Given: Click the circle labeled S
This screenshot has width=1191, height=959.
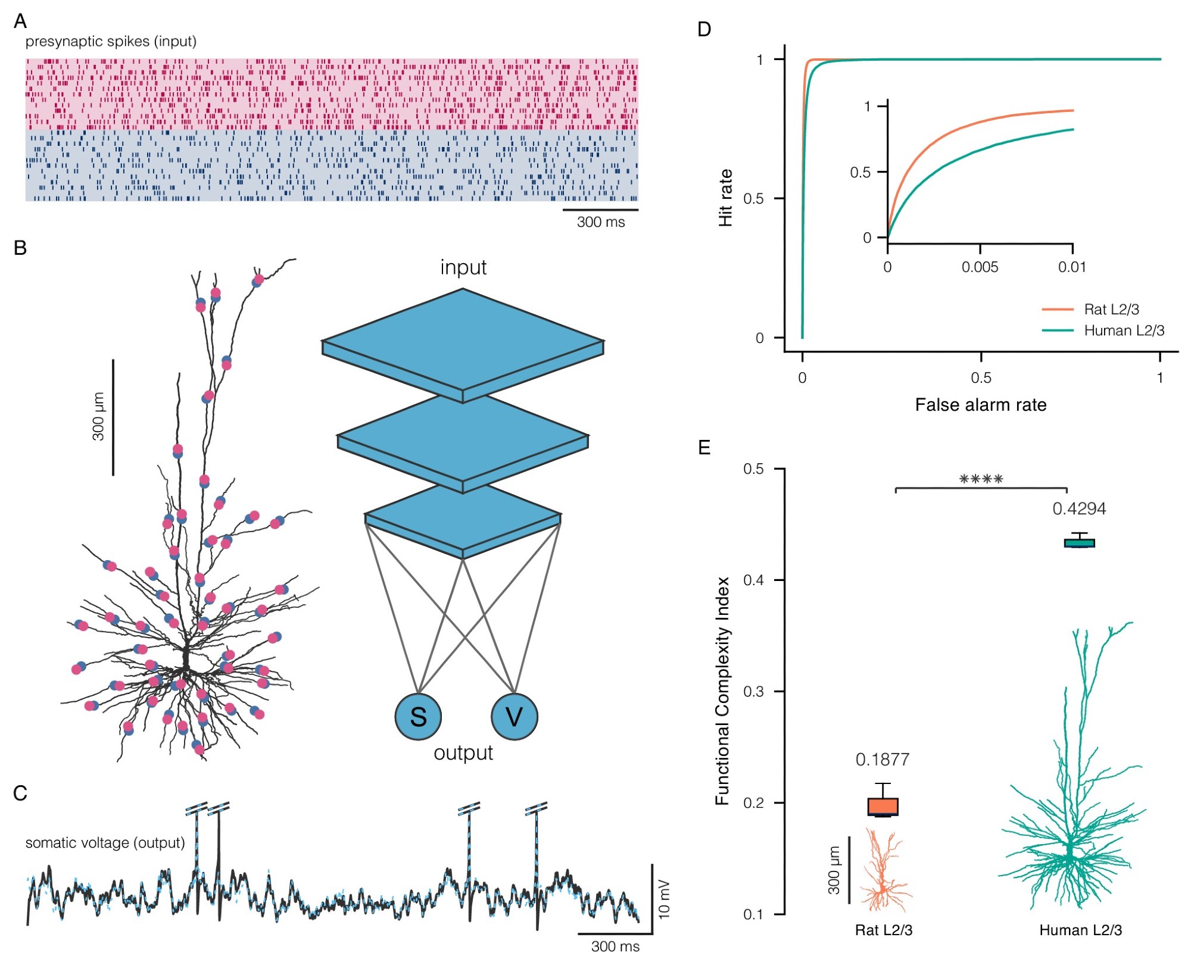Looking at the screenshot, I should coord(418,716).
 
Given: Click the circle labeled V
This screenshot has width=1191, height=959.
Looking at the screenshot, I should coord(514,716).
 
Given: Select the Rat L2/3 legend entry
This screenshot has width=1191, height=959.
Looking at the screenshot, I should coord(1111,310).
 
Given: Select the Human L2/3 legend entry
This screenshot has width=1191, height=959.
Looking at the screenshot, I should coord(1123,330).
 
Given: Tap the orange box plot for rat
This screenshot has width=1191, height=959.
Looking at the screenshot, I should coord(883,807).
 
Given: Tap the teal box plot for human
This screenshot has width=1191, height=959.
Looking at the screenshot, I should coord(1079,542).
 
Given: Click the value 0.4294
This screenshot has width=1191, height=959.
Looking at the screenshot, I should coord(1079,509).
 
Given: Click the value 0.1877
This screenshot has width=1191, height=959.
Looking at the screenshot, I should coord(882,760).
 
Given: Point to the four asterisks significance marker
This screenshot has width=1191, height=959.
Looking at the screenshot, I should coord(981,479).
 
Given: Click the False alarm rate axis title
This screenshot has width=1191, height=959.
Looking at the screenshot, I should coord(980,405).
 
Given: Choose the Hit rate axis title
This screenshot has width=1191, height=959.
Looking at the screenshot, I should coord(725,198).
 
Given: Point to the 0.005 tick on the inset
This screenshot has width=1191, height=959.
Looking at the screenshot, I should coord(980,267).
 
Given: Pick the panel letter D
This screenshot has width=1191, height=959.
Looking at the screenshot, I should coord(704,29).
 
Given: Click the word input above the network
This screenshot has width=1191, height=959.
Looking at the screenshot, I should coord(463,267).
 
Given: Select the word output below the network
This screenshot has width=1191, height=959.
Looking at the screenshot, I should coord(463,753).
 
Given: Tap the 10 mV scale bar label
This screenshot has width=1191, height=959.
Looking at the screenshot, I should coord(665,898).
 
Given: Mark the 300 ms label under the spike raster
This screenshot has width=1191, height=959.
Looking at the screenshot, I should coord(600,222).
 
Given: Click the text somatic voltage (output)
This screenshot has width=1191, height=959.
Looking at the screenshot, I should coord(105,843).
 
